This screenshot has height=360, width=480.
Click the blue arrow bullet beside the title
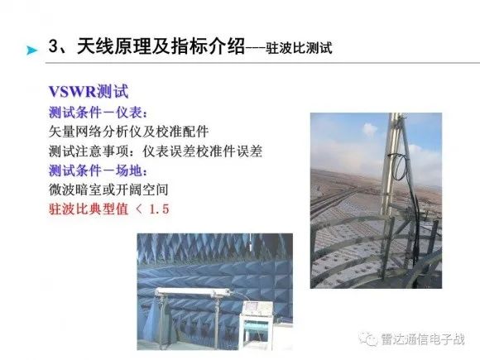click(31, 50)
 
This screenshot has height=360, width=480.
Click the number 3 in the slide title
click(53, 46)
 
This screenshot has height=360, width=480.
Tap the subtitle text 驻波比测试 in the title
click(299, 48)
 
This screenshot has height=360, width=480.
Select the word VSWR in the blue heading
click(72, 91)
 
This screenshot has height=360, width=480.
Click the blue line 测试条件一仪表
click(98, 113)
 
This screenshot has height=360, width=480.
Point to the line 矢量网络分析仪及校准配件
click(128, 132)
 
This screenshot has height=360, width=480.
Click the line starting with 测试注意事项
click(156, 151)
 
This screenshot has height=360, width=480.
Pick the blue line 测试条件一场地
click(98, 170)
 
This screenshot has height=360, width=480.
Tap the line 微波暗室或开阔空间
click(108, 190)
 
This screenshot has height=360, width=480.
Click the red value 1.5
click(159, 209)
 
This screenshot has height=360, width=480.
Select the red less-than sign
click(139, 209)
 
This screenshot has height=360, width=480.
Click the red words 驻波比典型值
click(89, 209)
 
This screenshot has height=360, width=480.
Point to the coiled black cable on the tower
click(400, 166)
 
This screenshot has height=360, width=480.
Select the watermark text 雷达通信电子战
click(423, 339)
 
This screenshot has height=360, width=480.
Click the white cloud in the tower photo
click(369, 129)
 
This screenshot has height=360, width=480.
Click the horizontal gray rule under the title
click(262, 63)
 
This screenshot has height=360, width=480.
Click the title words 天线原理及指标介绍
click(161, 46)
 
